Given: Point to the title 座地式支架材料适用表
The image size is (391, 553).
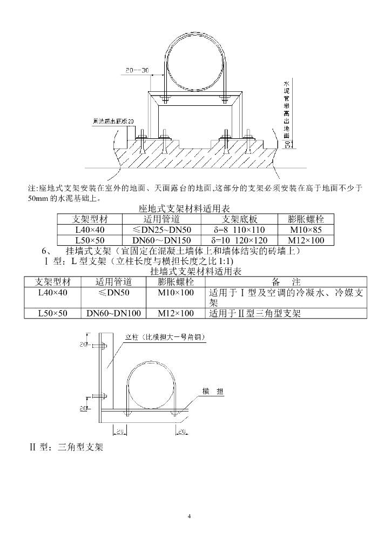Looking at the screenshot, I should click(x=184, y=208).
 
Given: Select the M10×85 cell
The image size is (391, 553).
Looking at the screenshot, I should click(x=306, y=230).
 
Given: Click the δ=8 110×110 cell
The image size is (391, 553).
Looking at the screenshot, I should click(x=238, y=230).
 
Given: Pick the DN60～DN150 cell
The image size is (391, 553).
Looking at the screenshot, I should click(x=161, y=240).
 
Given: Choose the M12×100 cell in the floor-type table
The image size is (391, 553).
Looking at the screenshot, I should click(x=306, y=240).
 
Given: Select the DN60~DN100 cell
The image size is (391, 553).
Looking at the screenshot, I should click(x=113, y=313).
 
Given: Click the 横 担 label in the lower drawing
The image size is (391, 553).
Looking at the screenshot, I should click(x=213, y=392).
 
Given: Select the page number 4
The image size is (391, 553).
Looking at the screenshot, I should click(x=190, y=516).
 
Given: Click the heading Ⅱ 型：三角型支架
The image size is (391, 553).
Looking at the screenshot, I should click(x=66, y=447).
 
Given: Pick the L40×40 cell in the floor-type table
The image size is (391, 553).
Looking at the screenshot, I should click(x=90, y=230).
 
